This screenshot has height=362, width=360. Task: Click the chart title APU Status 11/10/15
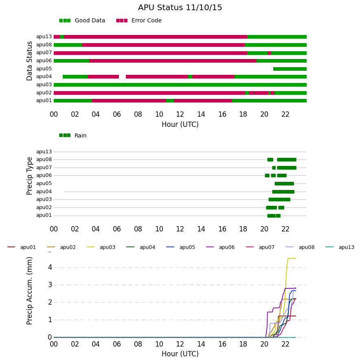coord(180,8)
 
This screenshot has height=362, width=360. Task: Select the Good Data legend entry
coord(82,21)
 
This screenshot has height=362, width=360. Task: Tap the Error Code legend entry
coord(139,21)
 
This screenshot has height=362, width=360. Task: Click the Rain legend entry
coord(72,135)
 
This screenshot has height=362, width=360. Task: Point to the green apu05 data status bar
coord(290,69)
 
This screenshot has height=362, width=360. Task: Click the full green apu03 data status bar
coord(180,85)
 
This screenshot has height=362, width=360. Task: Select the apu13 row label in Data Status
coord(44,37)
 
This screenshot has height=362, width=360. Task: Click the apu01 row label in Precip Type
coord(44,216)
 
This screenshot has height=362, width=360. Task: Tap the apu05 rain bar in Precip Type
coord(284,184)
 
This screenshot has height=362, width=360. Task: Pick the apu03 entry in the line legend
coord(101,247)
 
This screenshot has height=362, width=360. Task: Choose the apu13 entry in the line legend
coord(340,247)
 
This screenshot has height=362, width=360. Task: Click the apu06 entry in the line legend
coord(220,247)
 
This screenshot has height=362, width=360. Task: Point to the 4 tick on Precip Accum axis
coord(50,267)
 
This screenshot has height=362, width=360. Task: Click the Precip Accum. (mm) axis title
coord(29,291)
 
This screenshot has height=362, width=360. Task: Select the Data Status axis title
coord(29,61)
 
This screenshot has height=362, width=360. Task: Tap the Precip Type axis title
coord(29,176)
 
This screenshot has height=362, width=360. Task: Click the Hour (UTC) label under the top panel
coord(180,124)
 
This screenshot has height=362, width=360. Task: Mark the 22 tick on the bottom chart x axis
coord(285,344)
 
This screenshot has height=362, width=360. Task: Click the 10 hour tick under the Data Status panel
coord(159,114)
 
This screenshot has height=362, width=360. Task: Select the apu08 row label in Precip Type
coord(44,159)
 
